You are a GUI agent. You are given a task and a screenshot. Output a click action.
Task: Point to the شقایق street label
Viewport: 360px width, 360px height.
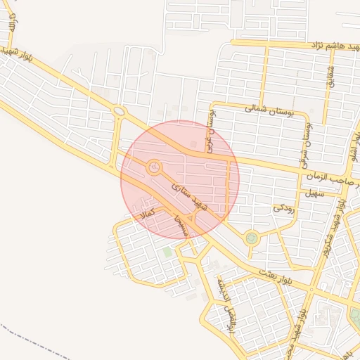coord(330,77)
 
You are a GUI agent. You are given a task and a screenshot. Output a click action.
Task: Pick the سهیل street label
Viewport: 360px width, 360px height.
coord(311,193)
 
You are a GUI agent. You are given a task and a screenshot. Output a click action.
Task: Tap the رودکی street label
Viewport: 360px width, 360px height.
coord(283,208)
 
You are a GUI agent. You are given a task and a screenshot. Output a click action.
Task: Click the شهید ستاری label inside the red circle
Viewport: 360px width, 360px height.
coord(193,196)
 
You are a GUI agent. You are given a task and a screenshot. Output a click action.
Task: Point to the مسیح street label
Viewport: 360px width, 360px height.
coord(181,226)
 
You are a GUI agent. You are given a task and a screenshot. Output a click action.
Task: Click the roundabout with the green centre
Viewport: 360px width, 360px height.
coord(251,238)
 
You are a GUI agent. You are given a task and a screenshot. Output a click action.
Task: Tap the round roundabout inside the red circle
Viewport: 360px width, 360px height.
coord(153,167)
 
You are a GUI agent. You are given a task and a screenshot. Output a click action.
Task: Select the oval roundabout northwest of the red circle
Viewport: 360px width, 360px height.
coord(120,110)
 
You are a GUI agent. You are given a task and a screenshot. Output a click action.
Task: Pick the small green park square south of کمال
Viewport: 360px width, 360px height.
coord(167,251)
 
